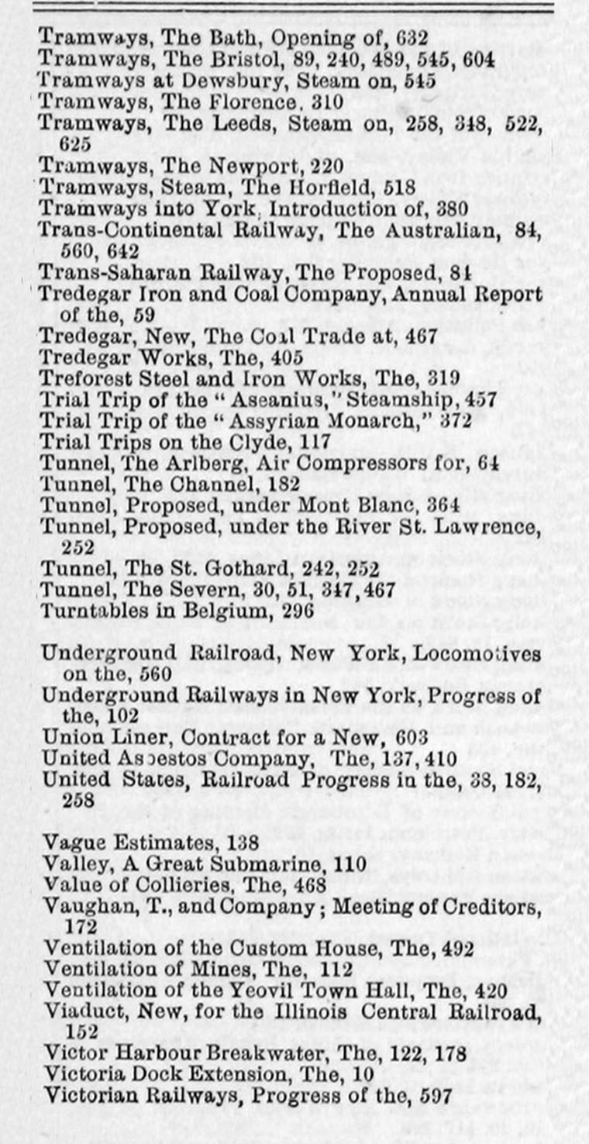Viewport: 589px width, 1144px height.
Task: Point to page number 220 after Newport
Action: [x=325, y=165]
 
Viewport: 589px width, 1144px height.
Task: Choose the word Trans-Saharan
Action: [x=97, y=273]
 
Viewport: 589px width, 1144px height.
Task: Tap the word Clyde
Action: [x=270, y=444]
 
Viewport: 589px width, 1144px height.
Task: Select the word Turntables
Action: [x=86, y=612]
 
